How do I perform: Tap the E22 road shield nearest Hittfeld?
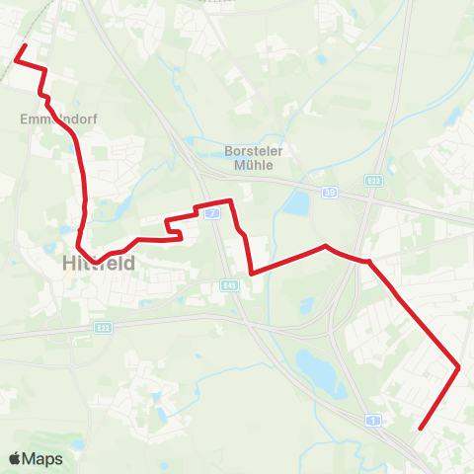pos(104,327)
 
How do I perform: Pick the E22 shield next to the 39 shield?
pos(372,181)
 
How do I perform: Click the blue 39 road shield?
pos(330,193)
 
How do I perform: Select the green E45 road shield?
pos(228,284)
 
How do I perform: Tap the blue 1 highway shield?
pos(372,420)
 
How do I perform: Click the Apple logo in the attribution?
pos(17,458)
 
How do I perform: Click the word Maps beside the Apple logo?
pos(43,458)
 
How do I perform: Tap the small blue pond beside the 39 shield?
pos(295,203)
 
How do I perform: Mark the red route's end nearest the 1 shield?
pos(421,429)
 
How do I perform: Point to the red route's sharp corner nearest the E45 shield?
pos(252,273)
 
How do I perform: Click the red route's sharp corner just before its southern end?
pos(459,367)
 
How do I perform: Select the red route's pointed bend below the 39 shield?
pos(325,245)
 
